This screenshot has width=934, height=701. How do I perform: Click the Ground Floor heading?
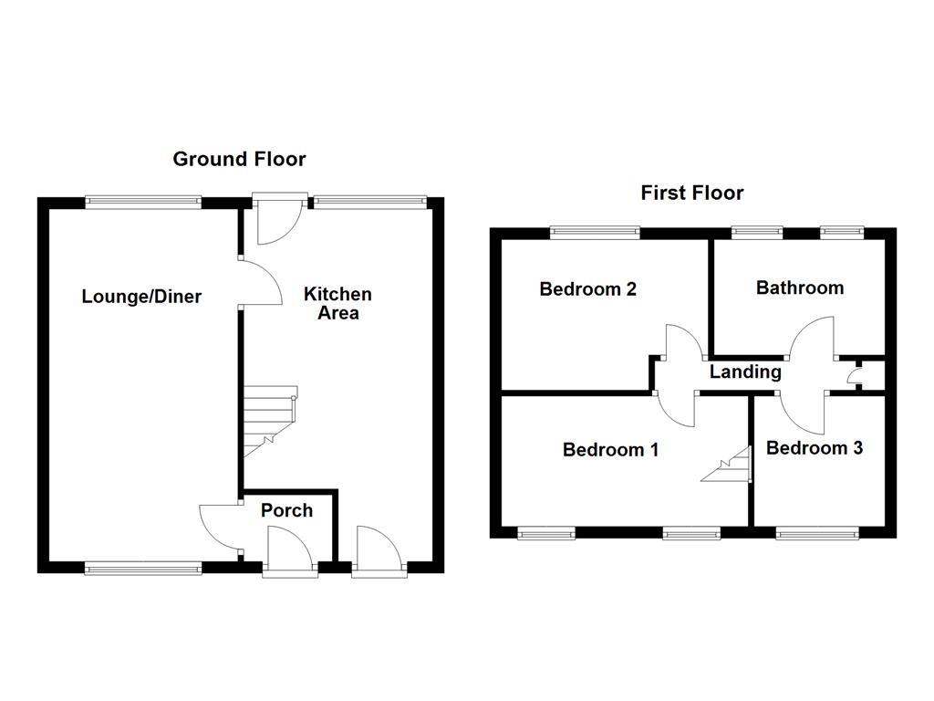point(239,159)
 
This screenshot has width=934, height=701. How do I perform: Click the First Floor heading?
point(691,193)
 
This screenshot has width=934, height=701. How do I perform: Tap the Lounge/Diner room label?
point(141,297)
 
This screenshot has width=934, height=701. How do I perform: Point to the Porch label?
point(286,510)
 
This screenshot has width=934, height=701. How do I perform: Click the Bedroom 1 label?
point(610,449)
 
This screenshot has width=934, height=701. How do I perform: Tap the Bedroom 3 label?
point(814,448)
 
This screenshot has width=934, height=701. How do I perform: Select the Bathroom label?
point(800,288)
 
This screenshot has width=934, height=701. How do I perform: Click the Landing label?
point(745,371)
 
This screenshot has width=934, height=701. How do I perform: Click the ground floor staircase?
point(268,421)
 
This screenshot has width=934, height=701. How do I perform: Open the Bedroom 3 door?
point(804,412)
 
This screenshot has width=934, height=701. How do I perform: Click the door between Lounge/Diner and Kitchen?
point(258,282)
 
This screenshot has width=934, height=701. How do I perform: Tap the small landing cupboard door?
point(854,374)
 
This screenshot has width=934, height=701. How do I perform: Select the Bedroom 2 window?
point(595,233)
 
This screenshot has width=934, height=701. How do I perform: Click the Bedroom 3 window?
point(816,532)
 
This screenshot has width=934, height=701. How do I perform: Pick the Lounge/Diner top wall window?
point(143,203)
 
